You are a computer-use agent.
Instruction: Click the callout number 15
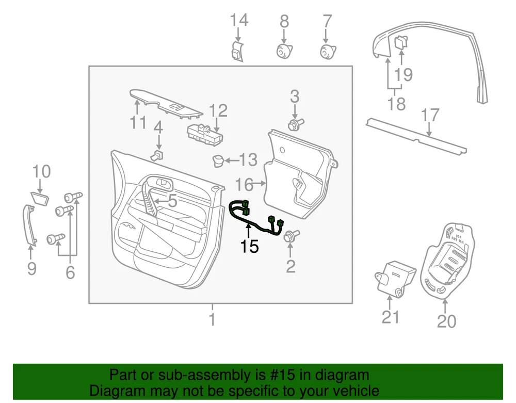[249, 246]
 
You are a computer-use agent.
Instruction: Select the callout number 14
[239, 21]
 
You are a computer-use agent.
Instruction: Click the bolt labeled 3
[295, 124]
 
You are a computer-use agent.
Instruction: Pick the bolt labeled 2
[289, 236]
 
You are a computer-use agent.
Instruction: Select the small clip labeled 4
[158, 155]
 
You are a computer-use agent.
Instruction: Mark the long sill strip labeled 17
[415, 137]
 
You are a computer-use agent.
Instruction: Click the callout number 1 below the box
[212, 319]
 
